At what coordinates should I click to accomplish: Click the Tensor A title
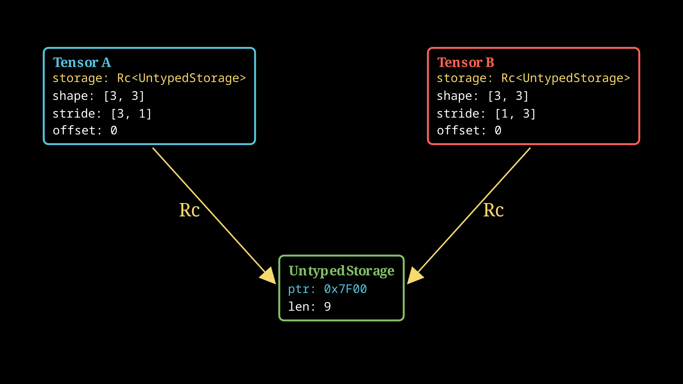pyautogui.click(x=82, y=63)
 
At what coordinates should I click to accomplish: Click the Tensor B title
pyautogui.click(x=465, y=63)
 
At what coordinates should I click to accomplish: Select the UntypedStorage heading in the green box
pyautogui.click(x=341, y=271)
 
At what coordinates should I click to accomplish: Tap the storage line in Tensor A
pyautogui.click(x=149, y=78)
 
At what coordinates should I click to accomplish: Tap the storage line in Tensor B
pyautogui.click(x=533, y=78)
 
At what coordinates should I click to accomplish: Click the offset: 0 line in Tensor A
pyautogui.click(x=85, y=130)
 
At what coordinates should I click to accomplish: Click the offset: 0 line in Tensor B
pyautogui.click(x=469, y=130)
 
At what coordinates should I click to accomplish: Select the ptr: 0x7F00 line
pyautogui.click(x=327, y=289)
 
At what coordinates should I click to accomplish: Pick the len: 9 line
pyautogui.click(x=309, y=306)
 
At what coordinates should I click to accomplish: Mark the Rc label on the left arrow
pyautogui.click(x=189, y=210)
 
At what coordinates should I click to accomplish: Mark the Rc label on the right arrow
pyautogui.click(x=493, y=210)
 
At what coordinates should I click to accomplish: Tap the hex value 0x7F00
pyautogui.click(x=345, y=289)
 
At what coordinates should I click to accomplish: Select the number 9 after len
pyautogui.click(x=327, y=306)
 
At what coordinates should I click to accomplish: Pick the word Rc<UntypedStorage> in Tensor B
pyautogui.click(x=565, y=78)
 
